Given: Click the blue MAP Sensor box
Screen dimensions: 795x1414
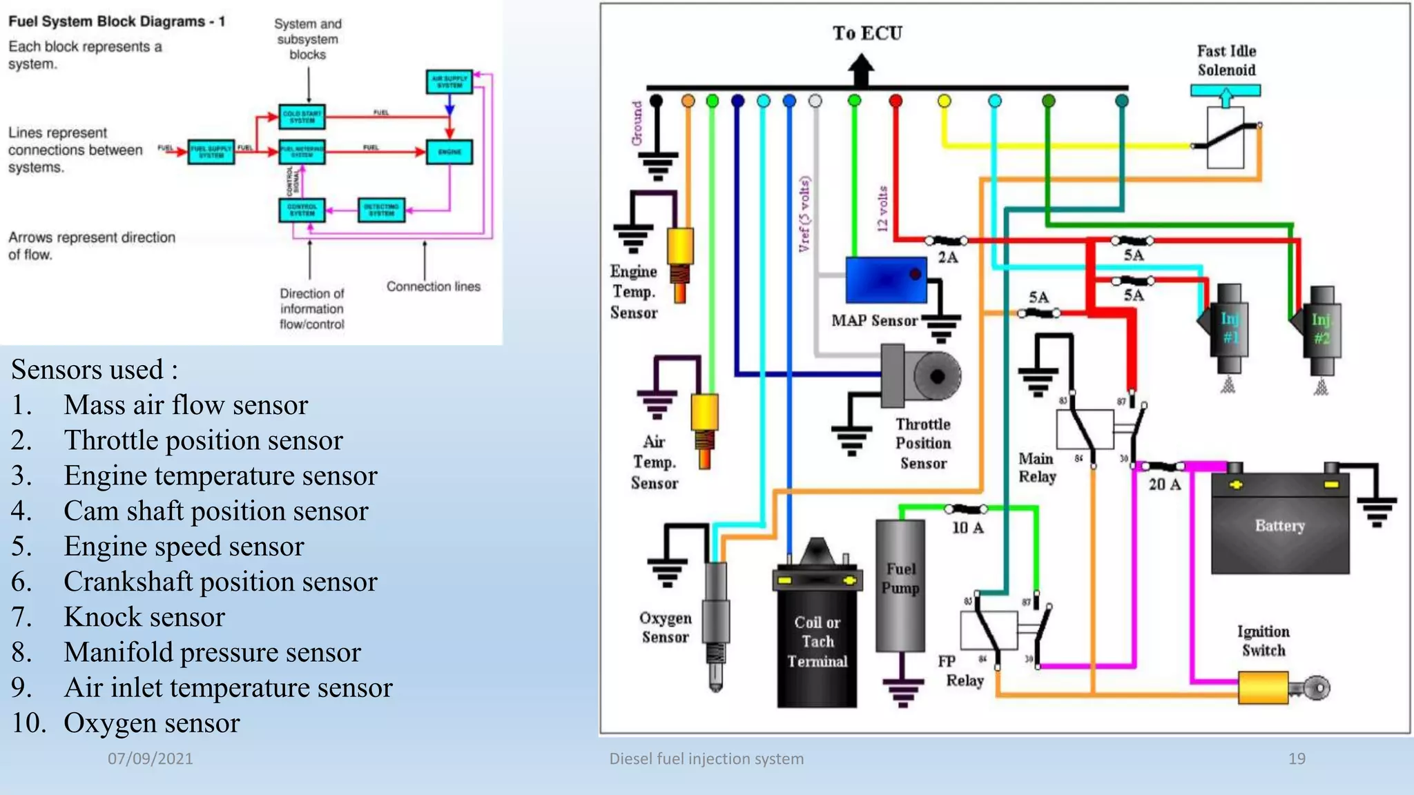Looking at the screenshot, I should click(886, 279).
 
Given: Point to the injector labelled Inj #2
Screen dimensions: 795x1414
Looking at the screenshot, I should click(1321, 329).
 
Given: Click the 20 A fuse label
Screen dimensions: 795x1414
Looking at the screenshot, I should click(1165, 484).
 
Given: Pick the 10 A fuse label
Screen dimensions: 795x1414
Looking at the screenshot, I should click(968, 528).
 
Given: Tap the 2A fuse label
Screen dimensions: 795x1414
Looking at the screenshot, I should click(948, 257).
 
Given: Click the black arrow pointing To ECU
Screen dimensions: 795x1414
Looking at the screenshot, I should click(860, 70).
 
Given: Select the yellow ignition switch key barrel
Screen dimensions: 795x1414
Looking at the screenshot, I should click(1263, 687).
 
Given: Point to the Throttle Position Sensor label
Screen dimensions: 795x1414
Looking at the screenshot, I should click(923, 444).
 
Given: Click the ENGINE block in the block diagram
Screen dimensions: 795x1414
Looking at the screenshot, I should click(449, 152).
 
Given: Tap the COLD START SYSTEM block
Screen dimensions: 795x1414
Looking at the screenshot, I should click(302, 117).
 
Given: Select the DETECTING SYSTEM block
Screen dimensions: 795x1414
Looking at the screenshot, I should click(381, 210).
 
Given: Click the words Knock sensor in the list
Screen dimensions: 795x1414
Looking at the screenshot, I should click(144, 617).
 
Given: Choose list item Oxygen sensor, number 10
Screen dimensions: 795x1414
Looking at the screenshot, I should click(151, 723).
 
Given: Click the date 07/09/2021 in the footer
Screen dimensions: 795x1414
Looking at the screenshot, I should click(150, 758).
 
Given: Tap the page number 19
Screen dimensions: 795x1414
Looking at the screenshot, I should click(1297, 758).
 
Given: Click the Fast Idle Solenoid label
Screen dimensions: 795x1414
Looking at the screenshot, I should click(1226, 61).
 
